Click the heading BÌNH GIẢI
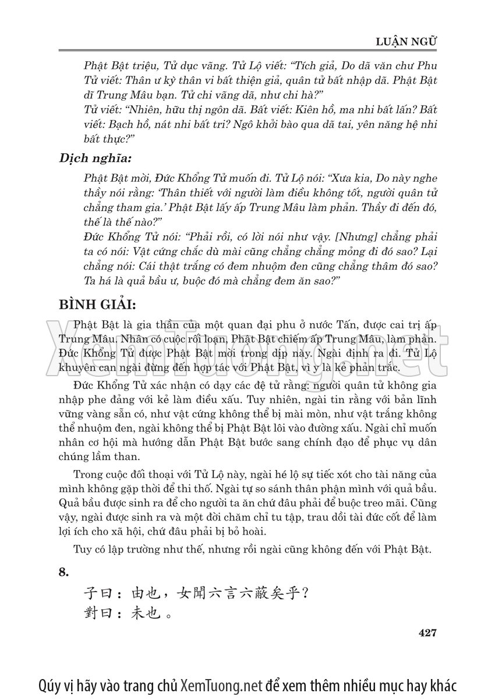point(97,306)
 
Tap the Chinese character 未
point(136,614)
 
